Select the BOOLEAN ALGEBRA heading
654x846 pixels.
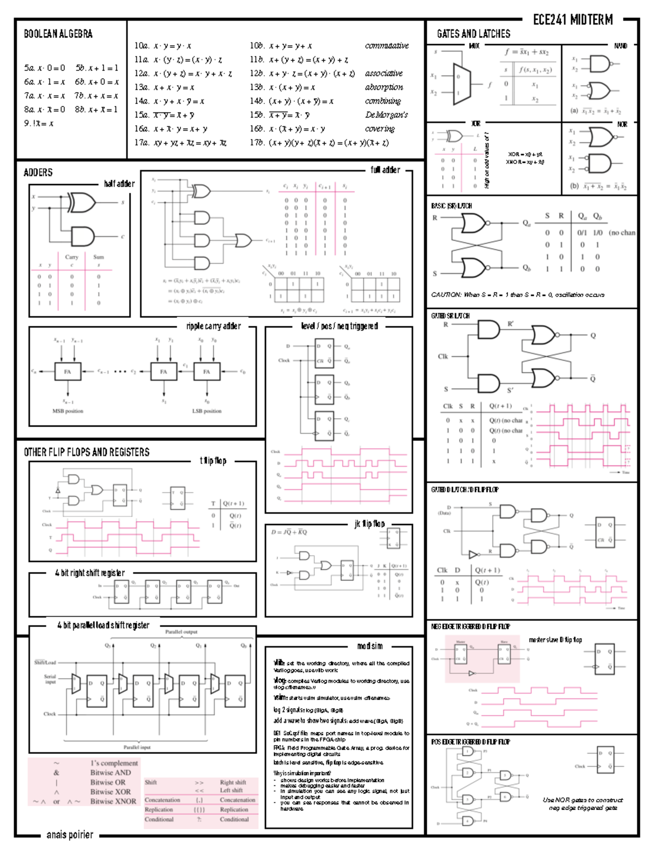[x=58, y=34]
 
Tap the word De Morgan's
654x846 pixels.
[x=386, y=115]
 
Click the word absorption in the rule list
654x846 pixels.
[x=384, y=87]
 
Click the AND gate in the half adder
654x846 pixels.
[x=82, y=236]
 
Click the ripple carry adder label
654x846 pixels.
[x=213, y=326]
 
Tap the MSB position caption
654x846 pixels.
[x=68, y=411]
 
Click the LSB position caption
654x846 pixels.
[x=207, y=411]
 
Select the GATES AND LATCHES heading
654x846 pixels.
[x=473, y=34]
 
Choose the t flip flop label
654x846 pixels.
[x=213, y=461]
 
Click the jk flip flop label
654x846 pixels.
[x=370, y=524]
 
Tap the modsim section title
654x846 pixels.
[x=370, y=646]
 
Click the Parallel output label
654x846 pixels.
[x=181, y=632]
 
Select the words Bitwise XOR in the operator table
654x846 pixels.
[x=110, y=792]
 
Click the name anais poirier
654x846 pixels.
[x=70, y=835]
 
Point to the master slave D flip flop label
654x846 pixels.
[x=555, y=640]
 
